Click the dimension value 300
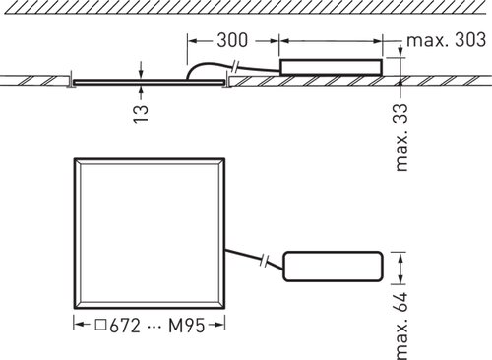(x=232, y=40)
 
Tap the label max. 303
(x=446, y=40)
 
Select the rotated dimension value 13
(x=141, y=114)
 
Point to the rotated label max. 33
(x=401, y=138)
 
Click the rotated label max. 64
(x=401, y=326)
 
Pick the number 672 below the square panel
(x=125, y=326)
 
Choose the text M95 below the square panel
(x=187, y=326)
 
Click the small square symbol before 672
(x=101, y=325)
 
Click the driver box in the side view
(x=331, y=67)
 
